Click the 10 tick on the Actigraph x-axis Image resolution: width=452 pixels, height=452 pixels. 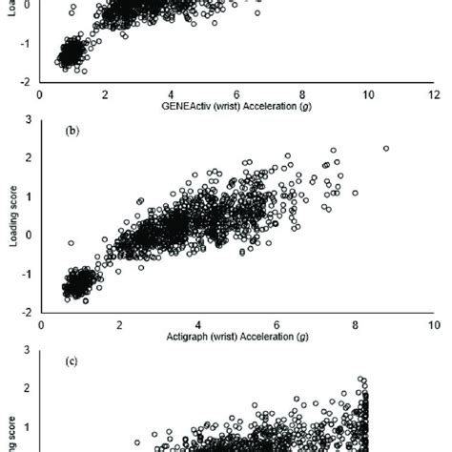click(434, 324)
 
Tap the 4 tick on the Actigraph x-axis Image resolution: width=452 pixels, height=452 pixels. click(197, 324)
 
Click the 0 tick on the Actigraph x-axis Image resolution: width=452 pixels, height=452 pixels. click(40, 324)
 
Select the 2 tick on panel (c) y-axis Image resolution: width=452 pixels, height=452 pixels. click(27, 388)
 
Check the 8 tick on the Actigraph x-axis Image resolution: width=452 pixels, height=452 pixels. click(355, 324)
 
